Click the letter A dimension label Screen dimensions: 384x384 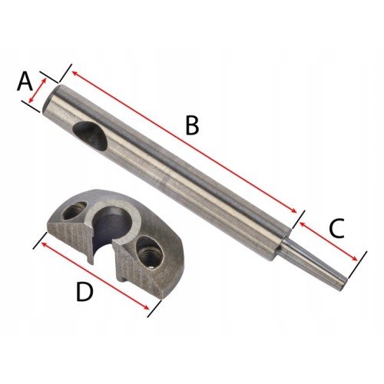point(25,81)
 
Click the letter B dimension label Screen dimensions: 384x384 point(192,125)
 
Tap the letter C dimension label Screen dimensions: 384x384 point(336,228)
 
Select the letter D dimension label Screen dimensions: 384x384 point(84,292)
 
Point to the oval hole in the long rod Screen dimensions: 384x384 point(90,135)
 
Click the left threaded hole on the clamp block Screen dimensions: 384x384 point(74,210)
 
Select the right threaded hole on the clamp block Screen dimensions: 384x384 point(149,252)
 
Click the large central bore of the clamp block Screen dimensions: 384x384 point(111,223)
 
